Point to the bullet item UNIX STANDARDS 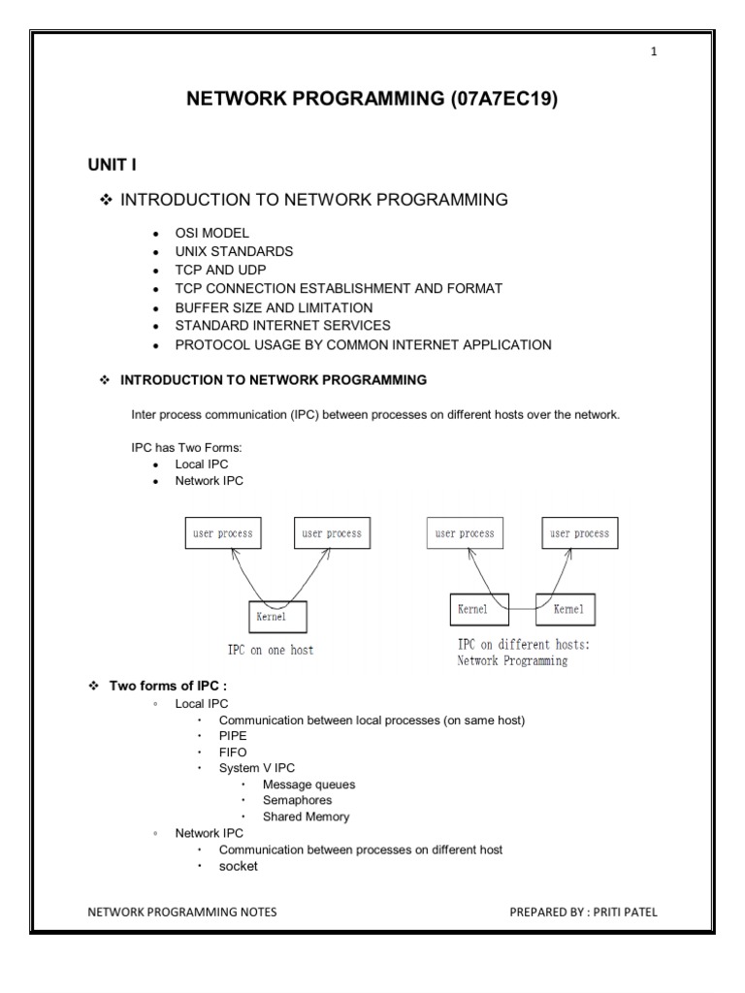click(234, 252)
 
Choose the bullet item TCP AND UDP click(219, 271)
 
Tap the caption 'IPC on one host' click(263, 651)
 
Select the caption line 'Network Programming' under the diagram click(512, 661)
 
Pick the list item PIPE click(233, 737)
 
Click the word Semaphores click(297, 801)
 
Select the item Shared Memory click(306, 817)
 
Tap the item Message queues click(308, 785)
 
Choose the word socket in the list click(239, 866)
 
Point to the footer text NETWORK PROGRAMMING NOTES click(182, 912)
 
